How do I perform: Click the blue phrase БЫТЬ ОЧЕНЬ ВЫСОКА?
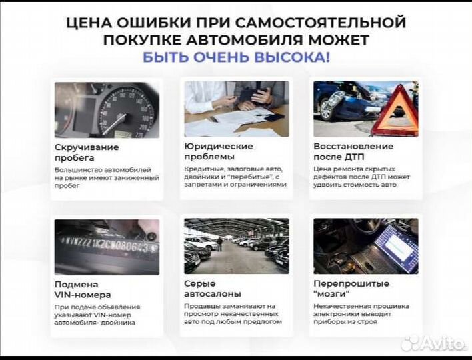[x=235, y=57]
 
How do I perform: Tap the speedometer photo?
[x=107, y=109]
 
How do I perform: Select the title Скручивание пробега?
[x=87, y=152]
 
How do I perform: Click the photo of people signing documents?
[x=236, y=109]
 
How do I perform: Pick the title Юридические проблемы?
[x=218, y=152]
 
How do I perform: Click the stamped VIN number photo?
[x=107, y=247]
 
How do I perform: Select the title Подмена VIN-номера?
[x=83, y=289]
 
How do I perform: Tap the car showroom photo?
[x=236, y=246]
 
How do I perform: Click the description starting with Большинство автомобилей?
[x=107, y=177]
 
